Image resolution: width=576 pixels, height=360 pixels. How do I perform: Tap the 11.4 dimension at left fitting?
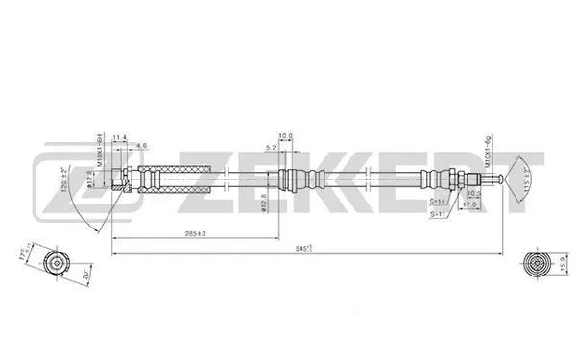click(x=120, y=139)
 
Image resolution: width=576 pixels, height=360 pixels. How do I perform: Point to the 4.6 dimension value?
click(x=141, y=145)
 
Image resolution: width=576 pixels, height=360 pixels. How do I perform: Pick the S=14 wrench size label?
click(x=438, y=202)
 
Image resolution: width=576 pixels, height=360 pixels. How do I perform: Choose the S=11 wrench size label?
click(x=438, y=215)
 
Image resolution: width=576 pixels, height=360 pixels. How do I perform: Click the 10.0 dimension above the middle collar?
click(x=285, y=136)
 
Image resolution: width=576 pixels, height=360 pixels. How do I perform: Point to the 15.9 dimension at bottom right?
click(x=561, y=261)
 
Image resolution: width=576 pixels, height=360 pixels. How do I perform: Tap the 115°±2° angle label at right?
click(x=527, y=179)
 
